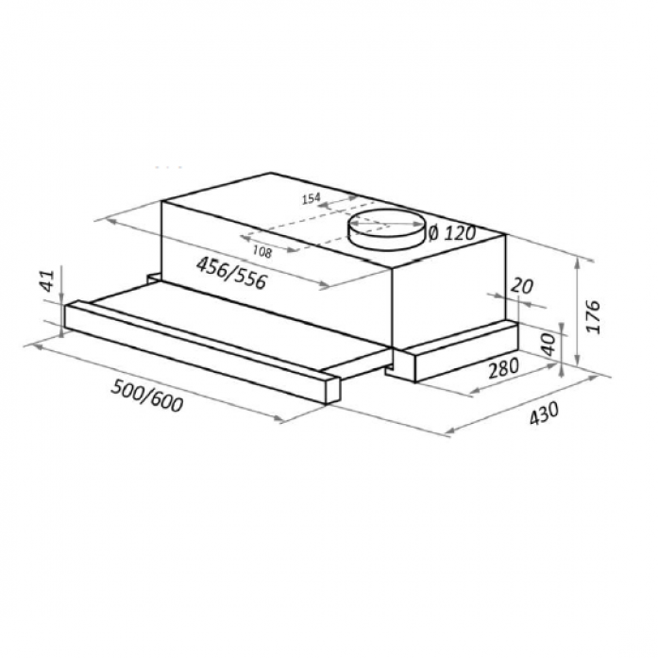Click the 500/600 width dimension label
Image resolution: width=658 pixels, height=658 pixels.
coord(146,396)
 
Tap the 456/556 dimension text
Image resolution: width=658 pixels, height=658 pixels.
coord(231,273)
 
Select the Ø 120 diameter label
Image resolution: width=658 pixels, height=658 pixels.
coord(452,233)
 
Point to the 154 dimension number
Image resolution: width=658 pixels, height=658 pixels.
coord(311,198)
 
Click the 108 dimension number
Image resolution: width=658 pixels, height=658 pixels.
coord(262,251)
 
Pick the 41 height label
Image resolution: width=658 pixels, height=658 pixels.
coord(48,280)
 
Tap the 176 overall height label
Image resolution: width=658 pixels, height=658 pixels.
coord(593,316)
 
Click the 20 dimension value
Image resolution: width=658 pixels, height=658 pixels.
coord(522,286)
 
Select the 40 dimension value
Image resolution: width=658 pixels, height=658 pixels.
coord(548,344)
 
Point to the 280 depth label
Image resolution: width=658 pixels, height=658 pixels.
coord(503,368)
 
